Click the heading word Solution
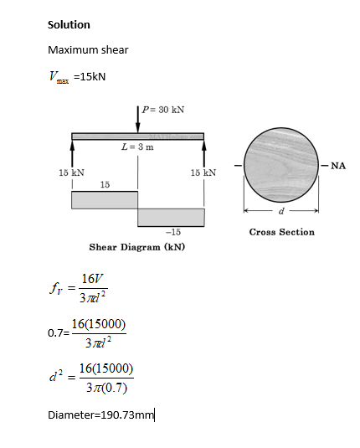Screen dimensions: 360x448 pyautogui.click(x=69, y=25)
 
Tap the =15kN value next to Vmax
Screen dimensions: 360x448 pyautogui.click(x=90, y=76)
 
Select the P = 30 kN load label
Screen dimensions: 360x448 pyautogui.click(x=163, y=110)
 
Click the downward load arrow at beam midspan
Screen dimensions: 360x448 pyautogui.click(x=137, y=120)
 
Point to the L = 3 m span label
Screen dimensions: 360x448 pyautogui.click(x=137, y=147)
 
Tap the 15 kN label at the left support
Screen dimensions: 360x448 pyautogui.click(x=72, y=173)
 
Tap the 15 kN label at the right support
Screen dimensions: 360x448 pyautogui.click(x=203, y=173)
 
